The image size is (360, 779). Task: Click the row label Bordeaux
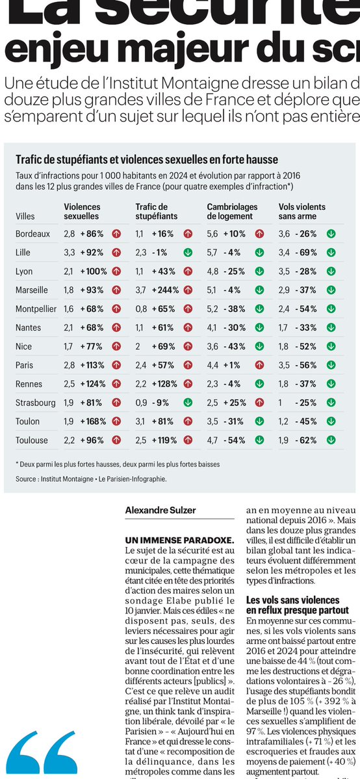[32, 233]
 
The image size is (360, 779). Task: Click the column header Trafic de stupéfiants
[157, 211]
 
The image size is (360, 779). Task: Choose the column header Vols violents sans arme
[302, 211]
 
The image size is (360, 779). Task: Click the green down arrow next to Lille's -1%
[188, 252]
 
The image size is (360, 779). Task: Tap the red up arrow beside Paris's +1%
[259, 365]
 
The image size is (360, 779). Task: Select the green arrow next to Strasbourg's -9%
[188, 403]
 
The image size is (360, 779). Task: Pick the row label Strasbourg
[36, 403]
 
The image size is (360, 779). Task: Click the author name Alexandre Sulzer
[159, 511]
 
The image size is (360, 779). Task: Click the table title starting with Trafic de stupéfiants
[147, 159]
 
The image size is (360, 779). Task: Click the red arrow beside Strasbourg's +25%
[259, 403]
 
